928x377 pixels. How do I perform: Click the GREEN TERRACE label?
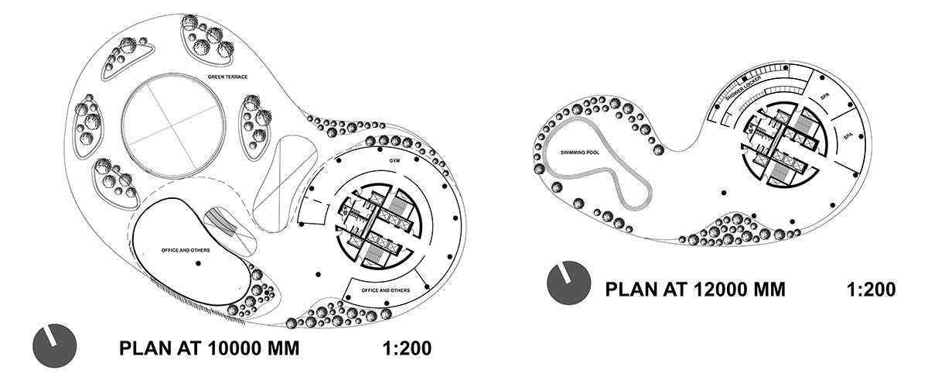tap(227, 77)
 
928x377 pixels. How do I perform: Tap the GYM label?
tap(394, 160)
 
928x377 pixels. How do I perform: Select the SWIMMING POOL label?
tap(580, 153)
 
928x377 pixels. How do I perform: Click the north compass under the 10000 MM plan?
tap(55, 345)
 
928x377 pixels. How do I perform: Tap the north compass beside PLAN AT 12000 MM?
tap(569, 283)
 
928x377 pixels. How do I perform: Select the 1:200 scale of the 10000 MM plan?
tap(408, 348)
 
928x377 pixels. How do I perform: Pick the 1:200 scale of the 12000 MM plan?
tap(872, 289)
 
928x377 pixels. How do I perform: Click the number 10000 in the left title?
tap(234, 348)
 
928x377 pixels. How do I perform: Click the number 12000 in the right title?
tap(720, 289)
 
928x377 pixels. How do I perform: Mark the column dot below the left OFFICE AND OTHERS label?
tap(199, 263)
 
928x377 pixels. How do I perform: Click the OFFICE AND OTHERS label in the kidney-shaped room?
tap(186, 250)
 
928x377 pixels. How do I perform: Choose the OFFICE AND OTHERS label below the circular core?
tap(386, 290)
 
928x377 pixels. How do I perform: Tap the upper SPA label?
tap(825, 96)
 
